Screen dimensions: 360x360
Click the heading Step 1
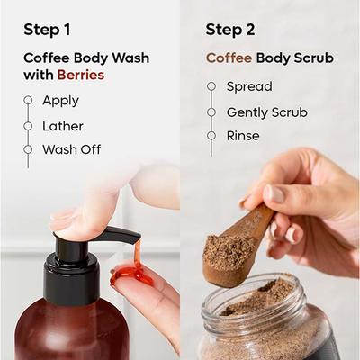tap(48, 30)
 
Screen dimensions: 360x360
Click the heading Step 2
tap(229, 30)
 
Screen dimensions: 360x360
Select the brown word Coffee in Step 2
tap(229, 58)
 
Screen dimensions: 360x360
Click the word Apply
tap(60, 101)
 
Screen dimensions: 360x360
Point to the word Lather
tap(63, 125)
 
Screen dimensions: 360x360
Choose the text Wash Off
tap(72, 149)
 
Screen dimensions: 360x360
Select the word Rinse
tap(243, 136)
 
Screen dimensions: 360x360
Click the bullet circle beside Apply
tap(29, 101)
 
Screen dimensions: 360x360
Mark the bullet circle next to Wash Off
tap(29, 149)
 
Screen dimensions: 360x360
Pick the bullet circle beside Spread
tap(211, 87)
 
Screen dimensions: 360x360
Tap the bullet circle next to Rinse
tap(211, 136)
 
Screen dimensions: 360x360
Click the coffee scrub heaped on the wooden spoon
tap(229, 248)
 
